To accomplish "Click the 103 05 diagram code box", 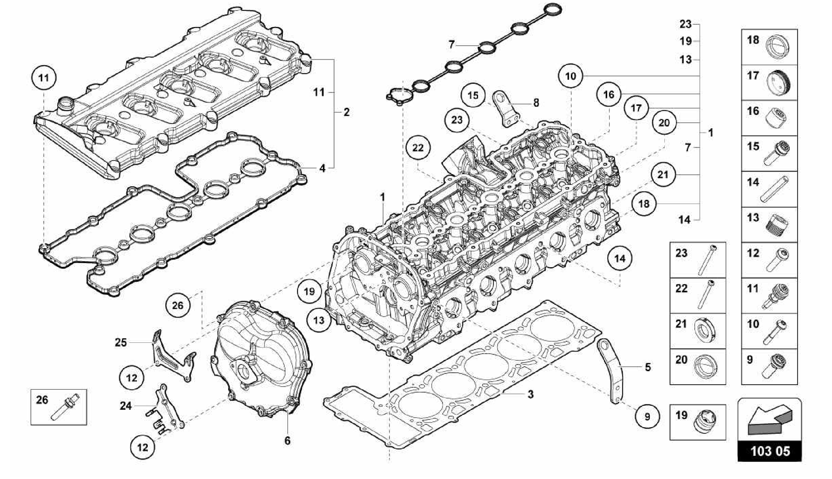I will click(769, 451).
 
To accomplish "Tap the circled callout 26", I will click(178, 305).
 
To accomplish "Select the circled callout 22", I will click(418, 148).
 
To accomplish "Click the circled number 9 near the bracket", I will click(647, 416).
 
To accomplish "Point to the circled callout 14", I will click(620, 258).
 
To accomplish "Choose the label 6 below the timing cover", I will click(287, 440).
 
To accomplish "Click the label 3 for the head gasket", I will click(531, 394).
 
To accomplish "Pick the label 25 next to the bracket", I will click(121, 342).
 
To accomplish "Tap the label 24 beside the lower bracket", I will click(126, 405).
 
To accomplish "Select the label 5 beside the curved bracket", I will click(648, 367).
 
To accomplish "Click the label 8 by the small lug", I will click(536, 103).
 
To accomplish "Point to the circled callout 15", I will click(473, 96).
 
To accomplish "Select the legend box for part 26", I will click(59, 407).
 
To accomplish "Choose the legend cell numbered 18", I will click(769, 47).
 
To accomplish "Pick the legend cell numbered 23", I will click(698, 260).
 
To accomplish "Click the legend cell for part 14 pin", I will click(769, 189).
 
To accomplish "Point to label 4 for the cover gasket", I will click(322, 168).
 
